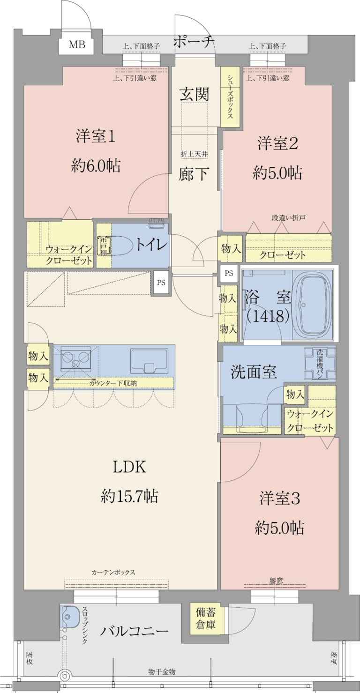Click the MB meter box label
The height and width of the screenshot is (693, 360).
(77, 45)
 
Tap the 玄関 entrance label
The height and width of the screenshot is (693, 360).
(194, 95)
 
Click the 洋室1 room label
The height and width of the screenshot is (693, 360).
(96, 137)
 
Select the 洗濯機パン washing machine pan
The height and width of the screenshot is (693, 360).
(320, 364)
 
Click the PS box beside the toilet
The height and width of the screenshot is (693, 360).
(161, 283)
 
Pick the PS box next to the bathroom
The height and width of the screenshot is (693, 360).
(229, 273)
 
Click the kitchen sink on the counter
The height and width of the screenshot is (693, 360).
(150, 359)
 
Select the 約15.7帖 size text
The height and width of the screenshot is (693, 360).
(129, 495)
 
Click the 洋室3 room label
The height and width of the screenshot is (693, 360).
(279, 499)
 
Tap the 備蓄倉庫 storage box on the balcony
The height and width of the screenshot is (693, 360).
(206, 618)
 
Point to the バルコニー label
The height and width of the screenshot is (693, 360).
(134, 632)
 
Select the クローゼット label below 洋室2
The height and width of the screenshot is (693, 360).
(283, 255)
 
